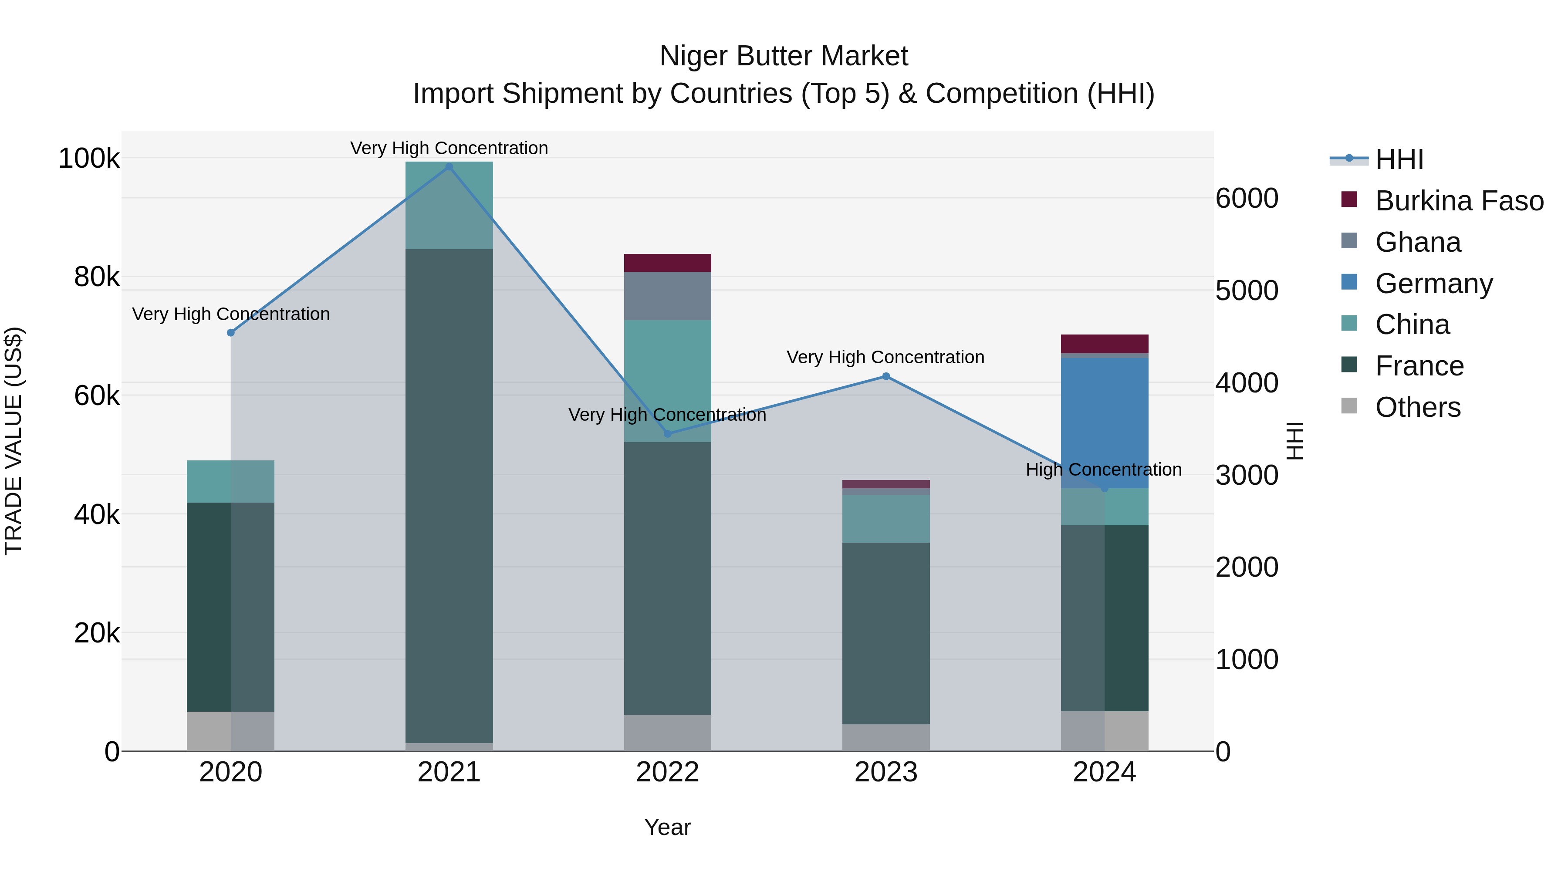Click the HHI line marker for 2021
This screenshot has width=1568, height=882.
pyautogui.click(x=449, y=167)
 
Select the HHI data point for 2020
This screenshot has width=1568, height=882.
pyautogui.click(x=231, y=333)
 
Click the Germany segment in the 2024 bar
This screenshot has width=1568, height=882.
pyautogui.click(x=1105, y=420)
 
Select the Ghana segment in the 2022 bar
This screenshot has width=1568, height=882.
pyautogui.click(x=668, y=296)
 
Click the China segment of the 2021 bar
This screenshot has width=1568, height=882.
pyautogui.click(x=449, y=205)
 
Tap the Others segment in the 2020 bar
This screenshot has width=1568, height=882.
pyautogui.click(x=231, y=731)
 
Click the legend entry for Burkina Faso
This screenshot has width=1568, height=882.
pyautogui.click(x=1459, y=201)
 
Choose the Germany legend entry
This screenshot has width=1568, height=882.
pyautogui.click(x=1433, y=284)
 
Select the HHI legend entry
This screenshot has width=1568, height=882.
pyautogui.click(x=1399, y=159)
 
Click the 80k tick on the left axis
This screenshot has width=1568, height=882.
pyautogui.click(x=97, y=277)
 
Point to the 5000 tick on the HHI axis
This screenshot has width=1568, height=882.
pyautogui.click(x=1247, y=291)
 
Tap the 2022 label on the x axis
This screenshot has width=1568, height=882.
pyautogui.click(x=668, y=772)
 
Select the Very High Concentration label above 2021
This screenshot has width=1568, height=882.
pyautogui.click(x=449, y=149)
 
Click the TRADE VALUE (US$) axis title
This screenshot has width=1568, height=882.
pyautogui.click(x=14, y=441)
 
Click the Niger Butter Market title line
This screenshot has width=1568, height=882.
pyautogui.click(x=784, y=57)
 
